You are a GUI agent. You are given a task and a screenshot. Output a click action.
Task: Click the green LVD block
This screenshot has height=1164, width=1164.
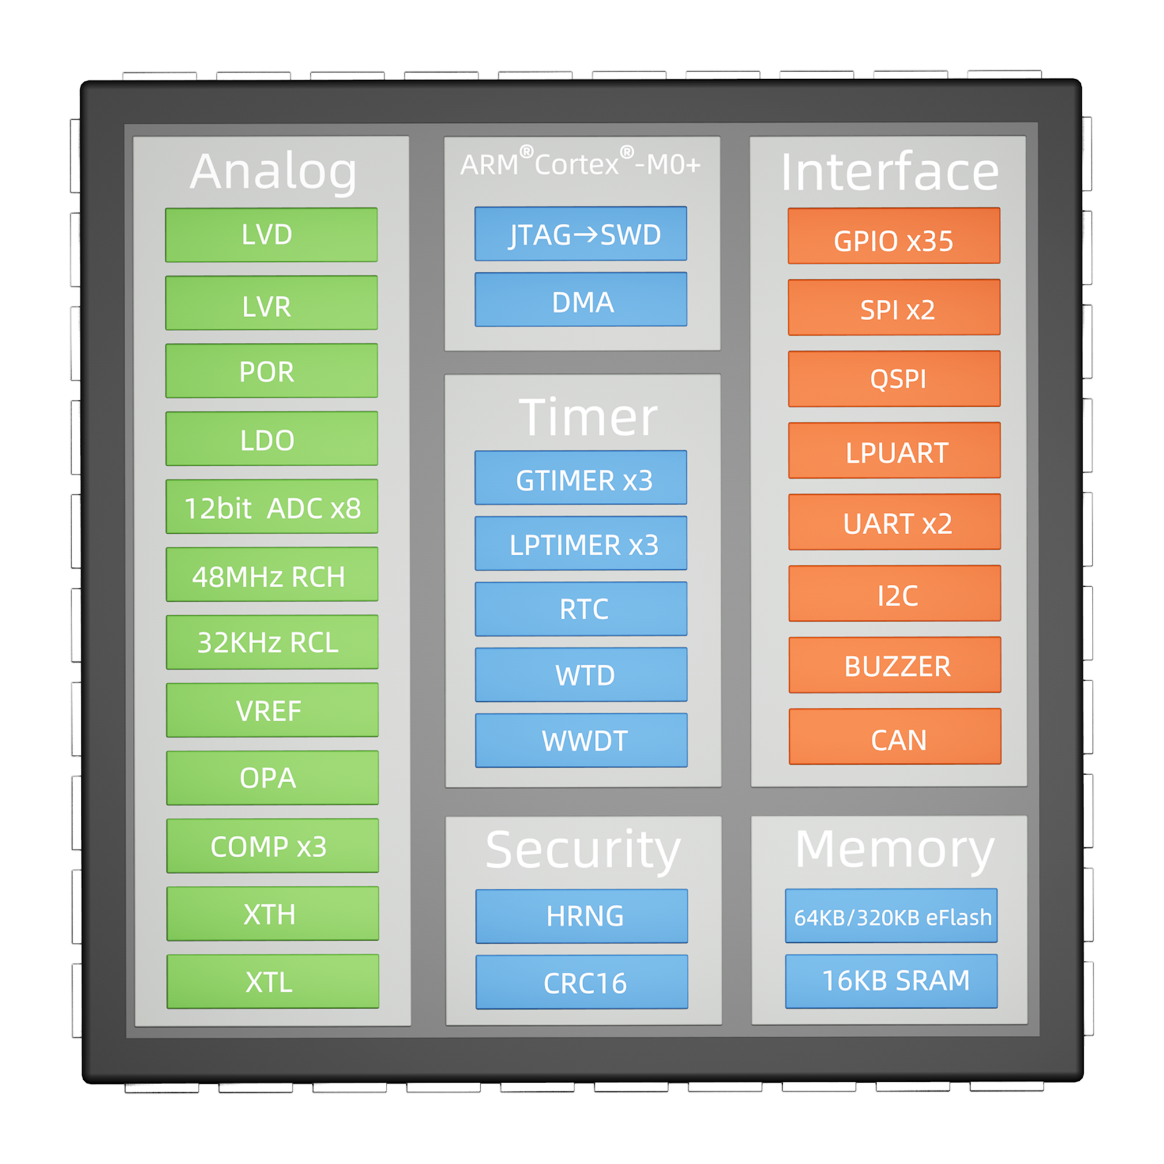[x=271, y=235]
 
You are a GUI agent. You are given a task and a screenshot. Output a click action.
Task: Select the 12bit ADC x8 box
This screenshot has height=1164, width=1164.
[x=272, y=507]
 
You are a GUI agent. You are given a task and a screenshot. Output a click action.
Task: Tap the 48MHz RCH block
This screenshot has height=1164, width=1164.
[x=272, y=575]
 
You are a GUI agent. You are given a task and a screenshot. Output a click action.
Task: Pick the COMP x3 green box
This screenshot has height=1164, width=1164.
[x=272, y=846]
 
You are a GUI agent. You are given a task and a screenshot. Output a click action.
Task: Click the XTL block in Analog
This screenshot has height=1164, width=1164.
[x=272, y=981]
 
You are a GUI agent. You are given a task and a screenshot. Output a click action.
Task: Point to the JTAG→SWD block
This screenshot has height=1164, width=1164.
[x=580, y=234]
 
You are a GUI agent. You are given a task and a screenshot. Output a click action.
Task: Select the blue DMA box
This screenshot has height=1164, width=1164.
[x=580, y=300]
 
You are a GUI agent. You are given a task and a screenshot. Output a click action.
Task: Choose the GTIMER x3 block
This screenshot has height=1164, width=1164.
[x=580, y=478]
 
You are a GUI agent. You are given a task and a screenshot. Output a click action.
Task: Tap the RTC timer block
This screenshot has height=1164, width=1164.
[x=581, y=609]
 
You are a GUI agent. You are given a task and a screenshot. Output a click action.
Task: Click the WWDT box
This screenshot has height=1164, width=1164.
[x=581, y=740]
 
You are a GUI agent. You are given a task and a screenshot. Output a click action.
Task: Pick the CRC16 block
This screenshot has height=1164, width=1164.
[x=581, y=982]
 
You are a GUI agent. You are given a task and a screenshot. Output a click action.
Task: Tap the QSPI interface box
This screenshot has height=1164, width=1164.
[x=894, y=379]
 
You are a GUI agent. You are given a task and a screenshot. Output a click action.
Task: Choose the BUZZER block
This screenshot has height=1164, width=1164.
[x=895, y=665]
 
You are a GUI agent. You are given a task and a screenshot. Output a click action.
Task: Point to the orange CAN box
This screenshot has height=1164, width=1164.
[x=895, y=737]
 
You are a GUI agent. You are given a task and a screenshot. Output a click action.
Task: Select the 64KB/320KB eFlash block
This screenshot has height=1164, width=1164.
[x=891, y=915]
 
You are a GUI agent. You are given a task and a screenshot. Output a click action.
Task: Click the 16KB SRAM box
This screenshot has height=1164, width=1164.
[x=891, y=981]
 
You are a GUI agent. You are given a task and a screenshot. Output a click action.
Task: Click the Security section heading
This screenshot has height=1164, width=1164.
[x=583, y=850]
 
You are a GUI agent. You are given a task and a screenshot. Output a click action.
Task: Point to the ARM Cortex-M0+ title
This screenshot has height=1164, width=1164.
[x=580, y=163]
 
